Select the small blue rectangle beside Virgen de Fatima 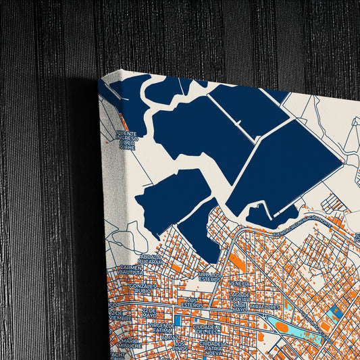click(176, 321)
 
